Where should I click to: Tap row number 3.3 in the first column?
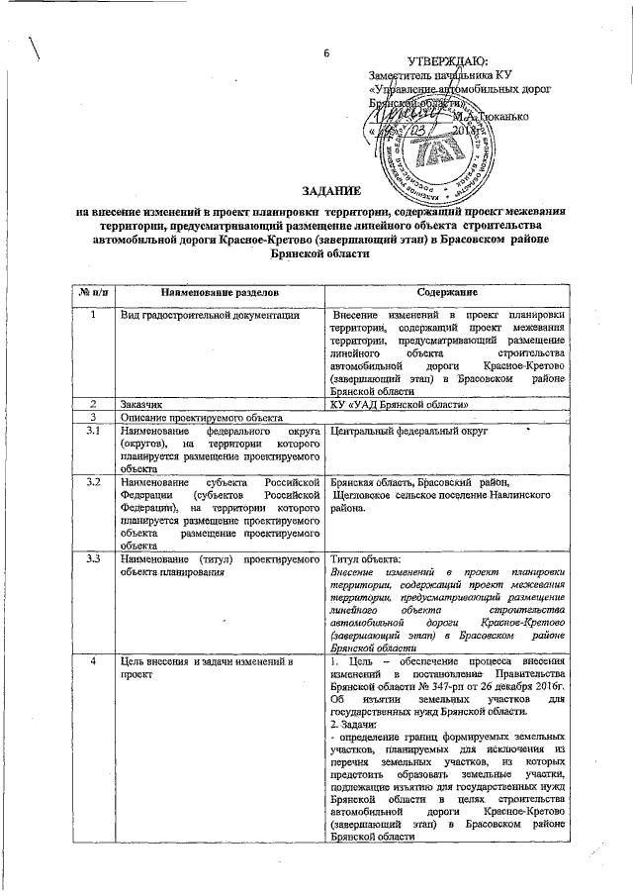coord(90,560)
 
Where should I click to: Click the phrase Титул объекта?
coord(364,560)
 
